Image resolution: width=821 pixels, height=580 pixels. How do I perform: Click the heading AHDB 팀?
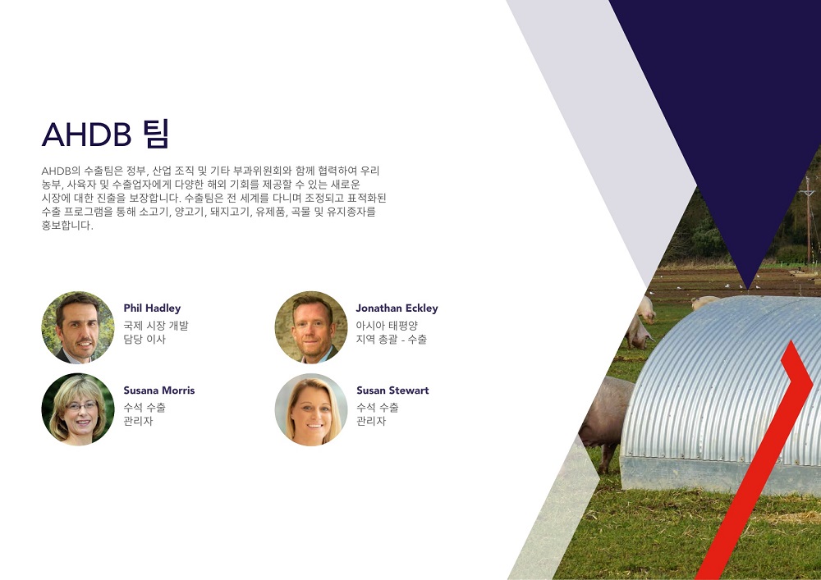click(106, 134)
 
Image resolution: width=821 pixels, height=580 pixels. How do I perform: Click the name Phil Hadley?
click(152, 308)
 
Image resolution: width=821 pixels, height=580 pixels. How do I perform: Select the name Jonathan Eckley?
click(397, 308)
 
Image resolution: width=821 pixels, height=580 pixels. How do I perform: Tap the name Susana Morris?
click(159, 390)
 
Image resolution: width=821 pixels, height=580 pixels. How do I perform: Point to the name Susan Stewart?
click(392, 390)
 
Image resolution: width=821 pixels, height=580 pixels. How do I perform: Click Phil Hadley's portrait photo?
click(78, 327)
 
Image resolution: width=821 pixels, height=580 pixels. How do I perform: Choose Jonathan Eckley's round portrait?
click(311, 327)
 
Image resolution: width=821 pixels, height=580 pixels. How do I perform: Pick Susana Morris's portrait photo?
click(78, 409)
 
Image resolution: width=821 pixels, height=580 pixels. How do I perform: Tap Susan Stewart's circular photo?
click(311, 409)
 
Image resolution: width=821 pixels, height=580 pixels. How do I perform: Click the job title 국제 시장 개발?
click(156, 326)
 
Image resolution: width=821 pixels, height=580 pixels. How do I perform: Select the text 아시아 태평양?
click(387, 326)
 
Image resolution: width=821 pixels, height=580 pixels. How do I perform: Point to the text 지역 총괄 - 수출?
click(392, 339)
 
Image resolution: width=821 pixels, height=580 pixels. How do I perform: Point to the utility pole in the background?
click(809, 220)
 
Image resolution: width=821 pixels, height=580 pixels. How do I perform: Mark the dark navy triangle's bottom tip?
click(748, 290)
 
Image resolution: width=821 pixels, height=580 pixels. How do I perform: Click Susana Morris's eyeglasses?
click(81, 406)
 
